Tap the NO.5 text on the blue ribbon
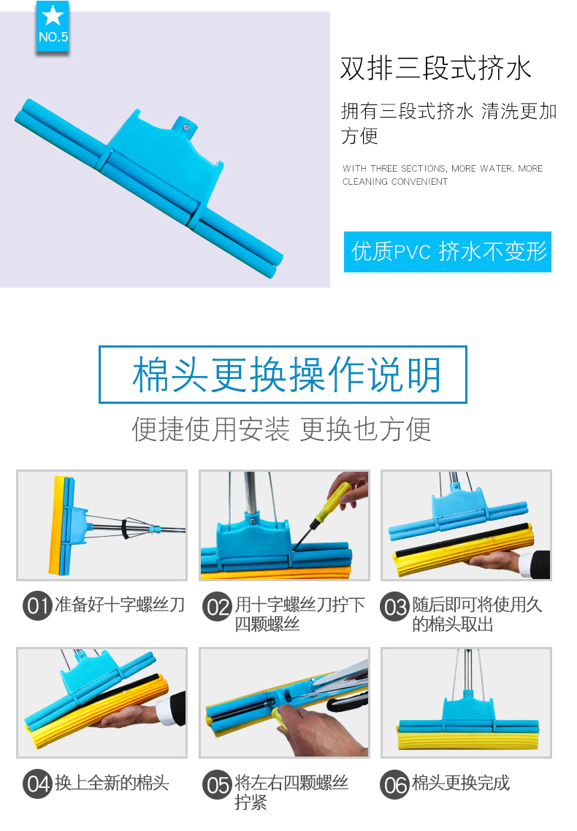click(53, 37)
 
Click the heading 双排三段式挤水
click(435, 69)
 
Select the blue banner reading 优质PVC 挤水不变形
click(448, 252)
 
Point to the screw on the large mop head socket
click(186, 127)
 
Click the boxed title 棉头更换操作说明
click(283, 375)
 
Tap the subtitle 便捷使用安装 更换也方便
click(281, 429)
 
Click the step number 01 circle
click(37, 606)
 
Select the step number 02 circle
click(217, 606)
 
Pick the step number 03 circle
click(394, 606)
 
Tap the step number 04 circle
click(37, 784)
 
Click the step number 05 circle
click(217, 784)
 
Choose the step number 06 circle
click(394, 784)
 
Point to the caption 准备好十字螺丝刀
click(120, 605)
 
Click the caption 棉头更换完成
click(461, 783)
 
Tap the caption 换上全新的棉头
click(112, 783)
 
